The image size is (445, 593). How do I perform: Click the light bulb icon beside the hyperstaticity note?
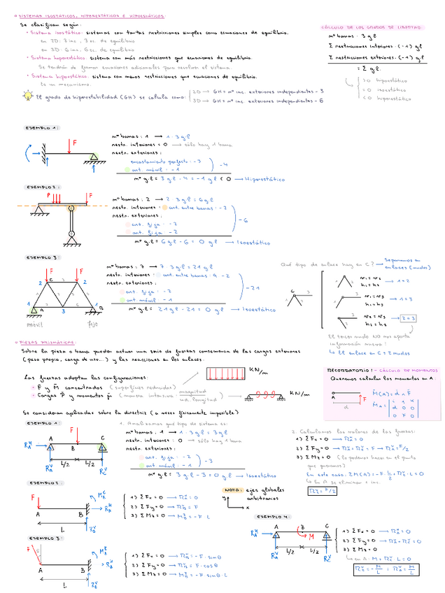tap(27, 94)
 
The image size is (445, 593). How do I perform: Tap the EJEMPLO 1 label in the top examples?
tap(43, 129)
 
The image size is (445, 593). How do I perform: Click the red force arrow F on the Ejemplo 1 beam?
tap(71, 146)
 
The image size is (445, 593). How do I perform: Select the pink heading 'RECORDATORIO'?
tap(350, 369)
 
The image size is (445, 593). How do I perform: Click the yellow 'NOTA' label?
tap(230, 490)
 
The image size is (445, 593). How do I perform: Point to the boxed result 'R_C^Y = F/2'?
tap(321, 490)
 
